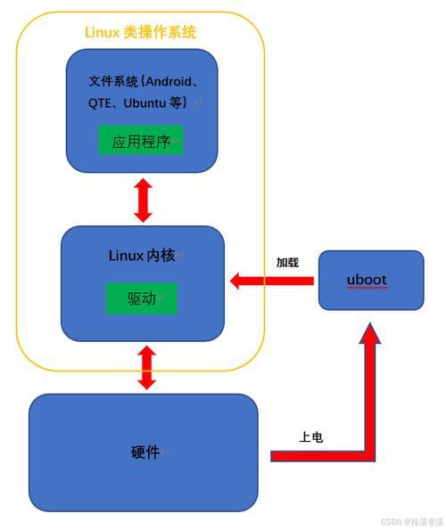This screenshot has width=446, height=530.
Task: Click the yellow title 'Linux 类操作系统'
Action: tap(140, 32)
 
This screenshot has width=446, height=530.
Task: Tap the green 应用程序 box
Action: tap(141, 140)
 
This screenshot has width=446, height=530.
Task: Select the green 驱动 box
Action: tap(142, 298)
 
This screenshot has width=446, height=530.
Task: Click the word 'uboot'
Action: tap(367, 280)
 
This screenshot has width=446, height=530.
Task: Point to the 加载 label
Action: tap(287, 262)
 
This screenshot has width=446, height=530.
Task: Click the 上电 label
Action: tap(311, 437)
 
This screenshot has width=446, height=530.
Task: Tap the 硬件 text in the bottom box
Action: tap(145, 452)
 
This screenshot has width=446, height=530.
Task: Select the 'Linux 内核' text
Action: tap(142, 256)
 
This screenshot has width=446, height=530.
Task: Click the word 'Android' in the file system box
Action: tap(169, 81)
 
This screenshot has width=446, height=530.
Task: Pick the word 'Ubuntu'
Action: tap(145, 103)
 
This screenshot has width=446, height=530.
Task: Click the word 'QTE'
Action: tap(99, 103)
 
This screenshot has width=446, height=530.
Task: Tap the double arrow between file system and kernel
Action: tap(143, 200)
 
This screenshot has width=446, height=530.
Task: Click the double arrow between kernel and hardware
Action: tap(147, 367)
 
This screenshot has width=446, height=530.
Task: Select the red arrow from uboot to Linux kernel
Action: tap(272, 281)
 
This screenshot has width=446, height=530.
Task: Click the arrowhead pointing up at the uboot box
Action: tap(370, 333)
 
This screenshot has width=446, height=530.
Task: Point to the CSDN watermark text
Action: tap(412, 522)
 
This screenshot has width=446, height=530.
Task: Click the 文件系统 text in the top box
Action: tap(113, 81)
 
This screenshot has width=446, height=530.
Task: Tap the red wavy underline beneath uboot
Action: tap(367, 288)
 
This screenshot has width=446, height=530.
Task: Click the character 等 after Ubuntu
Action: tap(176, 102)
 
